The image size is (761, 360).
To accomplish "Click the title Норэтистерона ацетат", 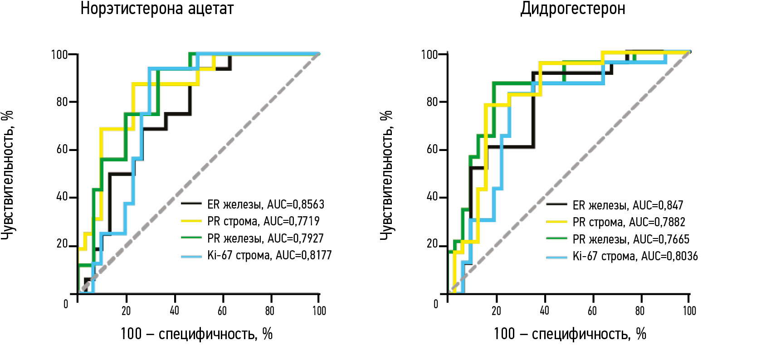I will pyautogui.click(x=156, y=9).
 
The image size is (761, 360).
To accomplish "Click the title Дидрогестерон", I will pyautogui.click(x=572, y=9).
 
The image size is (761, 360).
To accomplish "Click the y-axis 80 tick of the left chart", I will pyautogui.click(x=62, y=102).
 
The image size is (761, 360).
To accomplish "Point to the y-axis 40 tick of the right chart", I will pyautogui.click(x=432, y=197).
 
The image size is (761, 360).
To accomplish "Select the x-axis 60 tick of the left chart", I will pyautogui.click(x=222, y=311).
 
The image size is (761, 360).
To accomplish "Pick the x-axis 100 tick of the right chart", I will pyautogui.click(x=689, y=311).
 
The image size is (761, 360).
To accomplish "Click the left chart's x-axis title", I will pyautogui.click(x=196, y=334).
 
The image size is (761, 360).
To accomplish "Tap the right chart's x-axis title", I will pyautogui.click(x=570, y=334).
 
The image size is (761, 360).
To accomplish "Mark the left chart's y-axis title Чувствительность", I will pyautogui.click(x=7, y=175).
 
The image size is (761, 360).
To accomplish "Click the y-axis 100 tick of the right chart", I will pyautogui.click(x=429, y=55).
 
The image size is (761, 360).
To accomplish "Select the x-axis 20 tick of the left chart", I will pyautogui.click(x=126, y=311).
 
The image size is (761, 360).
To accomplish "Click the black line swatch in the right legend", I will pyautogui.click(x=556, y=204).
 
